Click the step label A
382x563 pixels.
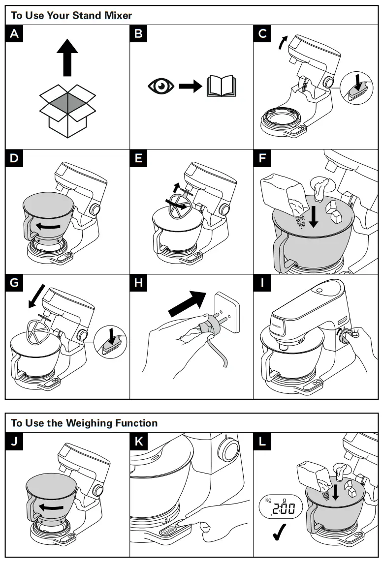pos(16,34)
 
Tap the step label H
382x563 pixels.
pos(139,284)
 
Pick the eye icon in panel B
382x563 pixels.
pos(161,87)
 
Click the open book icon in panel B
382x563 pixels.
pos(223,87)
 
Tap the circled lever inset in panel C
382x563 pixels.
pos(359,88)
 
